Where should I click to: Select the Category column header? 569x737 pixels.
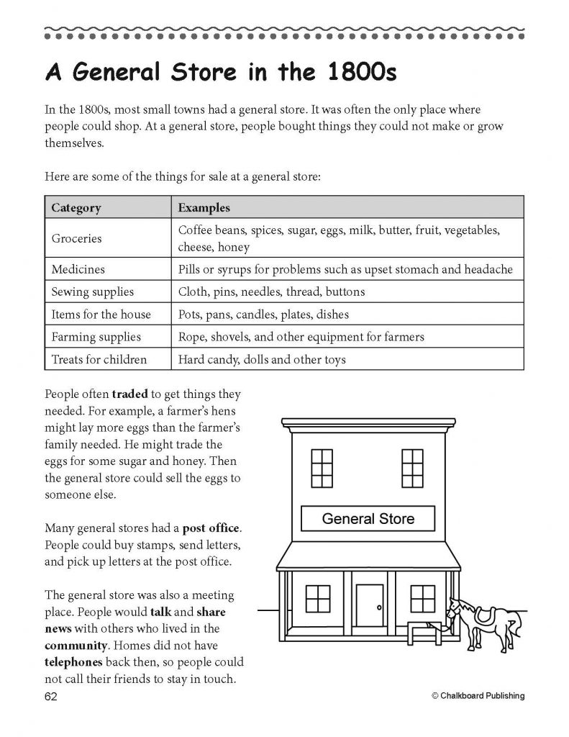click(x=76, y=208)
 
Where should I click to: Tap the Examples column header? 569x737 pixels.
click(x=204, y=208)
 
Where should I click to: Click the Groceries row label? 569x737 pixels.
click(x=77, y=238)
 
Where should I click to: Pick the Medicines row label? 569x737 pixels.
click(x=78, y=269)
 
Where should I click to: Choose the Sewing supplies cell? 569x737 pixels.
click(x=92, y=291)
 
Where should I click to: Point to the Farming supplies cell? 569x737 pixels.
click(x=96, y=336)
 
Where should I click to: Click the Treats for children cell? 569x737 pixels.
click(x=99, y=358)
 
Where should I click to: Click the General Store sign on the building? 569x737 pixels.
click(x=368, y=518)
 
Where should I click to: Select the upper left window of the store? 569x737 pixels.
click(x=322, y=468)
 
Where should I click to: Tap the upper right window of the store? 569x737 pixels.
click(x=412, y=468)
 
